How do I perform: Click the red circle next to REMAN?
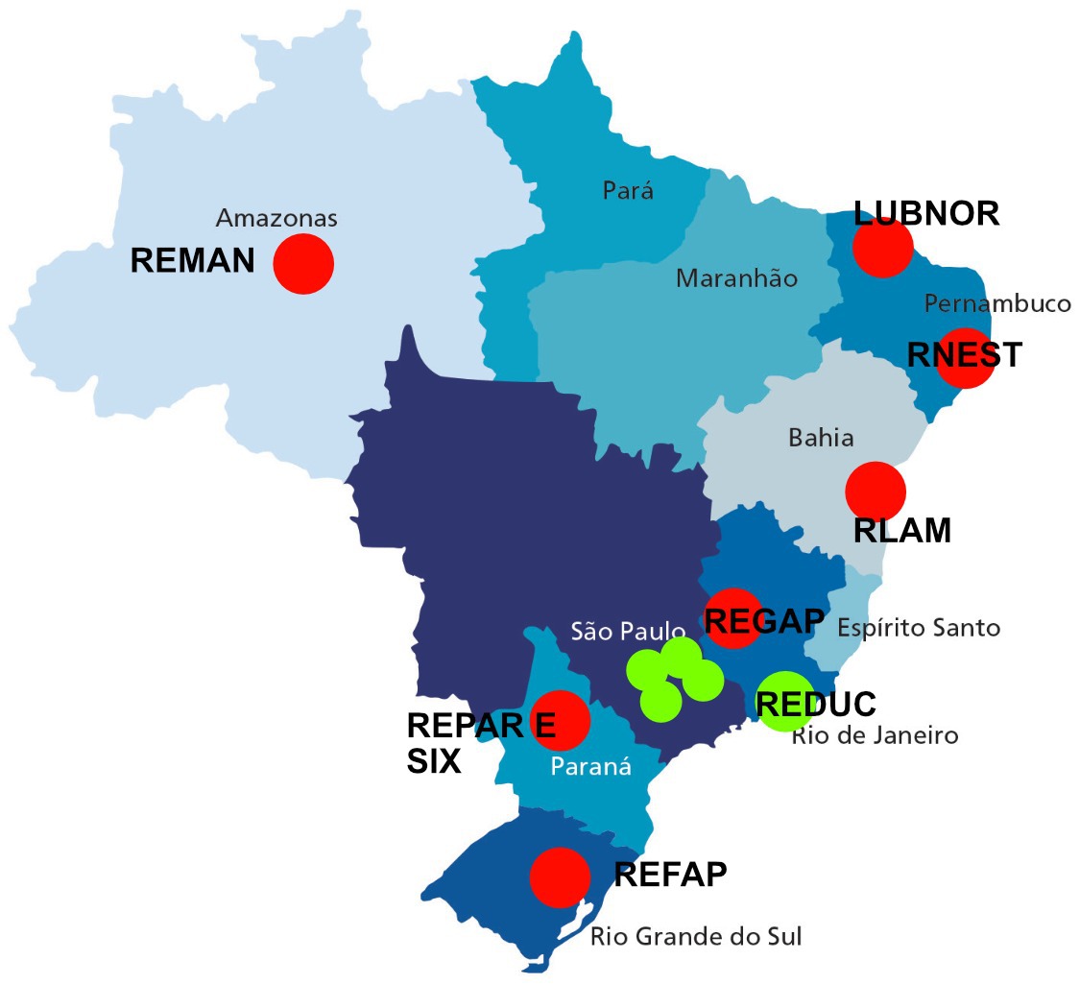click(303, 263)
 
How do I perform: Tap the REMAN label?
click(193, 261)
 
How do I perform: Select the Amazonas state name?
click(276, 218)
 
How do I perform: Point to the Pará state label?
click(628, 190)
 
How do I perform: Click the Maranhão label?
click(736, 278)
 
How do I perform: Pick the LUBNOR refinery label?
click(926, 213)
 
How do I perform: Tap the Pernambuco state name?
click(997, 304)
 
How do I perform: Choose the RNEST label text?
click(965, 355)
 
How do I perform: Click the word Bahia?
click(821, 438)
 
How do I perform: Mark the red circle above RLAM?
click(876, 491)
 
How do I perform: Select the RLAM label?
click(902, 531)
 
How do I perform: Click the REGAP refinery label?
click(764, 621)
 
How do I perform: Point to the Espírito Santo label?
click(919, 628)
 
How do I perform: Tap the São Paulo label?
click(628, 631)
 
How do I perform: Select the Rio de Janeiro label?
click(875, 736)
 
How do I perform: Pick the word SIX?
click(434, 761)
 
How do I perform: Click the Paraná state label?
click(590, 766)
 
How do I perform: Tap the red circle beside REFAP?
click(560, 876)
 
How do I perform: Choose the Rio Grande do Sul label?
click(696, 936)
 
